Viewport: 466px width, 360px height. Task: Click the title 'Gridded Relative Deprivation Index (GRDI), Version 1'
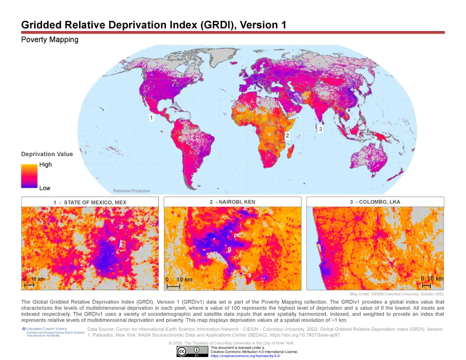[153, 25]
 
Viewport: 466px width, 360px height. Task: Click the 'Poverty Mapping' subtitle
[50, 40]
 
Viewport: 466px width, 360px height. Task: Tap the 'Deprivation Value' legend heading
[47, 154]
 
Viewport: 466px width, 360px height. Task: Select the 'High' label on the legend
[45, 165]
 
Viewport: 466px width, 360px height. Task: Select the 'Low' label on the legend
[45, 188]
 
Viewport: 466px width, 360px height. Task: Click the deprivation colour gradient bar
[29, 176]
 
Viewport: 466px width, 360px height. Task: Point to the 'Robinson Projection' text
[131, 191]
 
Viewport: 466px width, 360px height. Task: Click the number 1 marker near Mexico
[151, 118]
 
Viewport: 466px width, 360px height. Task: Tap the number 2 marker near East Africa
[287, 135]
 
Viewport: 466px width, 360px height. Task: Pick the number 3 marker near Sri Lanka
[321, 129]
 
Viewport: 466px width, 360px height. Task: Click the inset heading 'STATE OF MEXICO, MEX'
[90, 202]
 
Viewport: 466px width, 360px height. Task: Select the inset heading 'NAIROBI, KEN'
[232, 202]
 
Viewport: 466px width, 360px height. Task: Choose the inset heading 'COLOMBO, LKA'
[375, 202]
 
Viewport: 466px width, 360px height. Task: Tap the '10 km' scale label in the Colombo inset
[435, 279]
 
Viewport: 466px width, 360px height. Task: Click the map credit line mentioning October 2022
[397, 294]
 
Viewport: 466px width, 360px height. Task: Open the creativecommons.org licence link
[245, 356]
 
